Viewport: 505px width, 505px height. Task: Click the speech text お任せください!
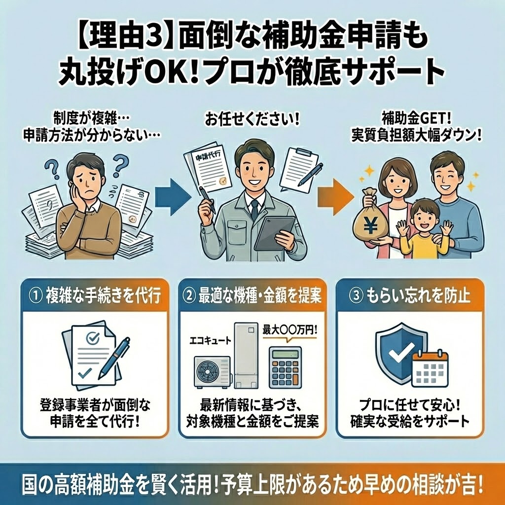click(252, 120)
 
